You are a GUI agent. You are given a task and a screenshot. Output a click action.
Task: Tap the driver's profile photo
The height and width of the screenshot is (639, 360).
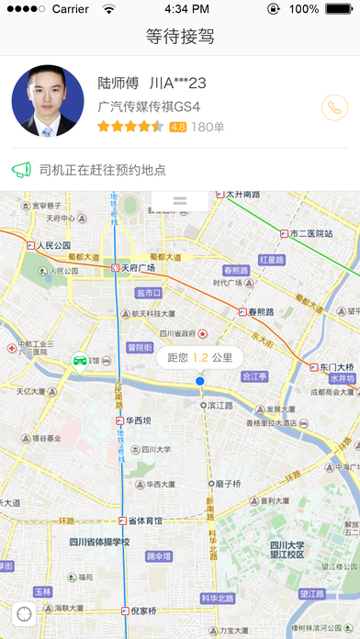point(46,101)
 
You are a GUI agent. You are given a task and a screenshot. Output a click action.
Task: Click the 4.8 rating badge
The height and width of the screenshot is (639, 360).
point(178,127)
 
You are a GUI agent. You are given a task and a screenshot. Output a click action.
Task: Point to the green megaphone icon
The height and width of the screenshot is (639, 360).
point(21,170)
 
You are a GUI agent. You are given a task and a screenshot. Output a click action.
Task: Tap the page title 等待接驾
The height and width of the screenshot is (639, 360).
point(180,37)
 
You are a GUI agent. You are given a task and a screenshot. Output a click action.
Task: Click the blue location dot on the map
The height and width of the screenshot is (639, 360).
point(199,380)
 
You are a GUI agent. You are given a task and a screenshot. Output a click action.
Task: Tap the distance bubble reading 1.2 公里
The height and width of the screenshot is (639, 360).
point(200,356)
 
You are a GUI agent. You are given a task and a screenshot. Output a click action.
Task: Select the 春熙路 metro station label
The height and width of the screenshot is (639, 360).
point(260,312)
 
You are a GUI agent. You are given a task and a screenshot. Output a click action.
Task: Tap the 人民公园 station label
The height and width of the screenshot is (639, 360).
point(52,245)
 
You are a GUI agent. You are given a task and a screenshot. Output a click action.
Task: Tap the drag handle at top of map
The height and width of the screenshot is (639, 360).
point(180,200)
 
